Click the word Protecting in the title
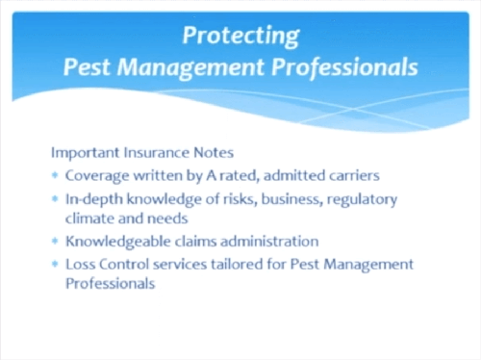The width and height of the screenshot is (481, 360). pos(242,35)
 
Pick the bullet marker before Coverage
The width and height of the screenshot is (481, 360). pos(55,175)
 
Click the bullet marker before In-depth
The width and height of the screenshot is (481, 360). pos(55,198)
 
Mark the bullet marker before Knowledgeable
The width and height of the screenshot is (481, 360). pos(55,241)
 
